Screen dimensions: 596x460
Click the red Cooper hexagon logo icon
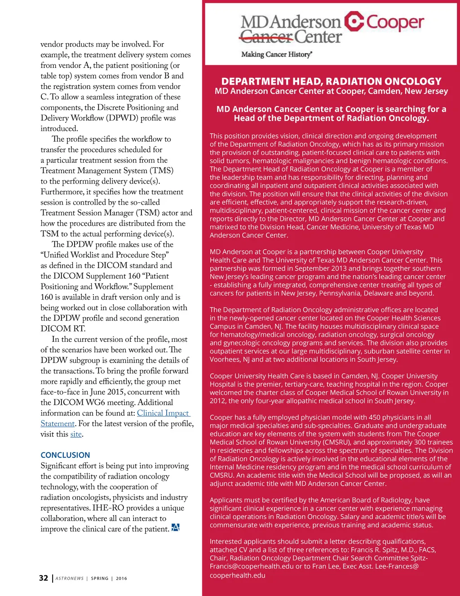point(354,22)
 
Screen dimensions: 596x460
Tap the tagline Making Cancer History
point(276,54)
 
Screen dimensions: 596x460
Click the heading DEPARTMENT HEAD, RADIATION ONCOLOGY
point(332,81)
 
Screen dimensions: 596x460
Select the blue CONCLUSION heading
point(65,455)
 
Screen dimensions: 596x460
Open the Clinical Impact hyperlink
point(163,413)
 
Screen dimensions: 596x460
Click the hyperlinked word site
point(76,434)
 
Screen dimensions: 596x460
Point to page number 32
point(44,578)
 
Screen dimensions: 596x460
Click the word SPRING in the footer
point(100,578)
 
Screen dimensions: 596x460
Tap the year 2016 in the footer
point(121,578)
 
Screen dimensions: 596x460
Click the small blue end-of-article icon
point(176,528)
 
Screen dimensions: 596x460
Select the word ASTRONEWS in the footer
point(70,578)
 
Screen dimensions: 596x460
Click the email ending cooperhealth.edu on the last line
point(238,575)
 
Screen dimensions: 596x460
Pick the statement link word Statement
point(57,424)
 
